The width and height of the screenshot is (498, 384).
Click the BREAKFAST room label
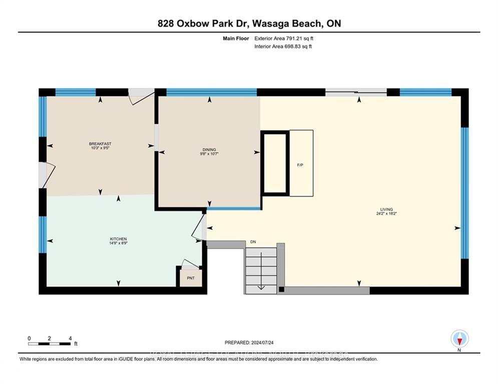click(x=100, y=143)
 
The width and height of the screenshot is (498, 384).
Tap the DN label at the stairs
click(x=254, y=242)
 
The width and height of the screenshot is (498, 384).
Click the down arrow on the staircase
click(x=260, y=286)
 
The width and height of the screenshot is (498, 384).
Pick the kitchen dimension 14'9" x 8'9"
click(x=119, y=244)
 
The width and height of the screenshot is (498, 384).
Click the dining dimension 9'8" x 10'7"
click(x=209, y=154)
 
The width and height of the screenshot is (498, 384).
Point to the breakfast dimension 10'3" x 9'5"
click(x=100, y=148)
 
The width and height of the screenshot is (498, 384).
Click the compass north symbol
click(x=459, y=339)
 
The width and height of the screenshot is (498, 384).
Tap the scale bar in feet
click(x=50, y=343)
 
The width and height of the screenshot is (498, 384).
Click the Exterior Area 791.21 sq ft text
click(x=284, y=38)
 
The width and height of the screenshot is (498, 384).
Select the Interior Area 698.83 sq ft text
click(x=284, y=46)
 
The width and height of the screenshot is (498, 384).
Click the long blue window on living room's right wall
click(x=464, y=193)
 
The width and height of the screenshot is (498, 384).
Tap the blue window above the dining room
click(x=211, y=92)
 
